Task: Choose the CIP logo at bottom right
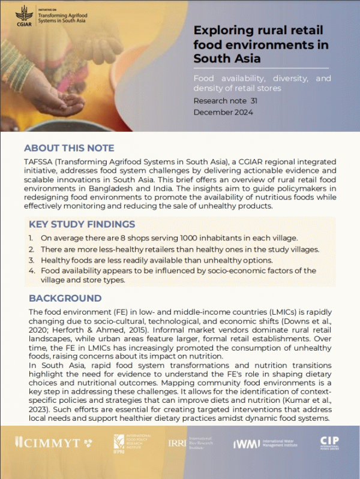click(x=329, y=443)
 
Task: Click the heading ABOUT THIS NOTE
click(x=68, y=148)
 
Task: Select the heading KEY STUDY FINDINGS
click(x=82, y=225)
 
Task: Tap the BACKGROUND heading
click(x=65, y=298)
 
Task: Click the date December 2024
click(x=223, y=112)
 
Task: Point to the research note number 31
click(x=254, y=101)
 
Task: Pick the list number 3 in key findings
click(x=31, y=260)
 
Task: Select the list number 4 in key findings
click(x=31, y=271)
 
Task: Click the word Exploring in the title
click(x=222, y=32)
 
